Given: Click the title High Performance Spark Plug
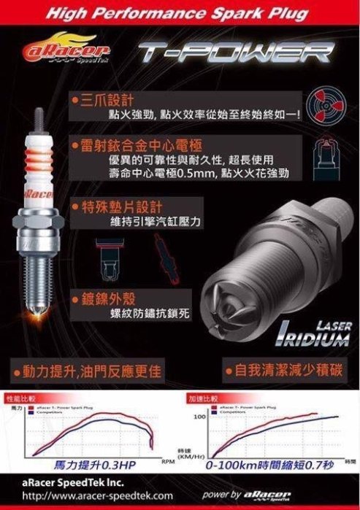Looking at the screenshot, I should pos(180,12).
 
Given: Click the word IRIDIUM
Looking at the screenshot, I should pos(312,340).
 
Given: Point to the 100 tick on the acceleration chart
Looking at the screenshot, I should pos(199,417).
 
